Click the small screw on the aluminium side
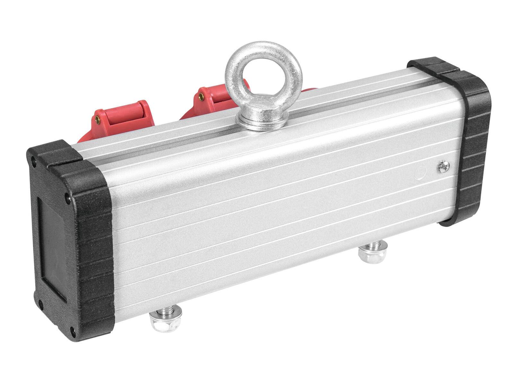point(443,166)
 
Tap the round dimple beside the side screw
point(421,171)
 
